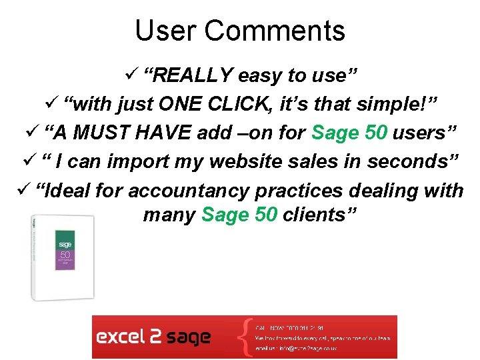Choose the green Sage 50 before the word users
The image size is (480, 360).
pos(349,133)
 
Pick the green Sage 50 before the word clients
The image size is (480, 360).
pos(238,215)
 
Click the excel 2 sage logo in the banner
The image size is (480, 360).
pos(153,337)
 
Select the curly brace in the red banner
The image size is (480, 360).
pos(247,337)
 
